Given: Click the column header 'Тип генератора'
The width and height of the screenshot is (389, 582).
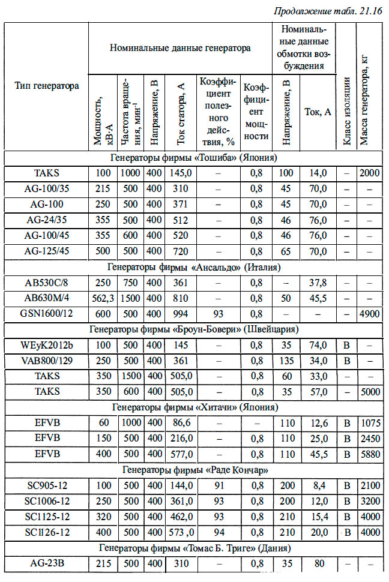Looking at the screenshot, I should (x=47, y=86).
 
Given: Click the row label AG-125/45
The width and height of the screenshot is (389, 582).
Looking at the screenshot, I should (x=46, y=251).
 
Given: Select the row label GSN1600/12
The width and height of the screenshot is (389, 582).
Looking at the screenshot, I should (x=46, y=314).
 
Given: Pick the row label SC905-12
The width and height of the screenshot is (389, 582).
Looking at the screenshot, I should (x=46, y=485).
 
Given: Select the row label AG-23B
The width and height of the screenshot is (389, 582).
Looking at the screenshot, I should (x=46, y=563).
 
